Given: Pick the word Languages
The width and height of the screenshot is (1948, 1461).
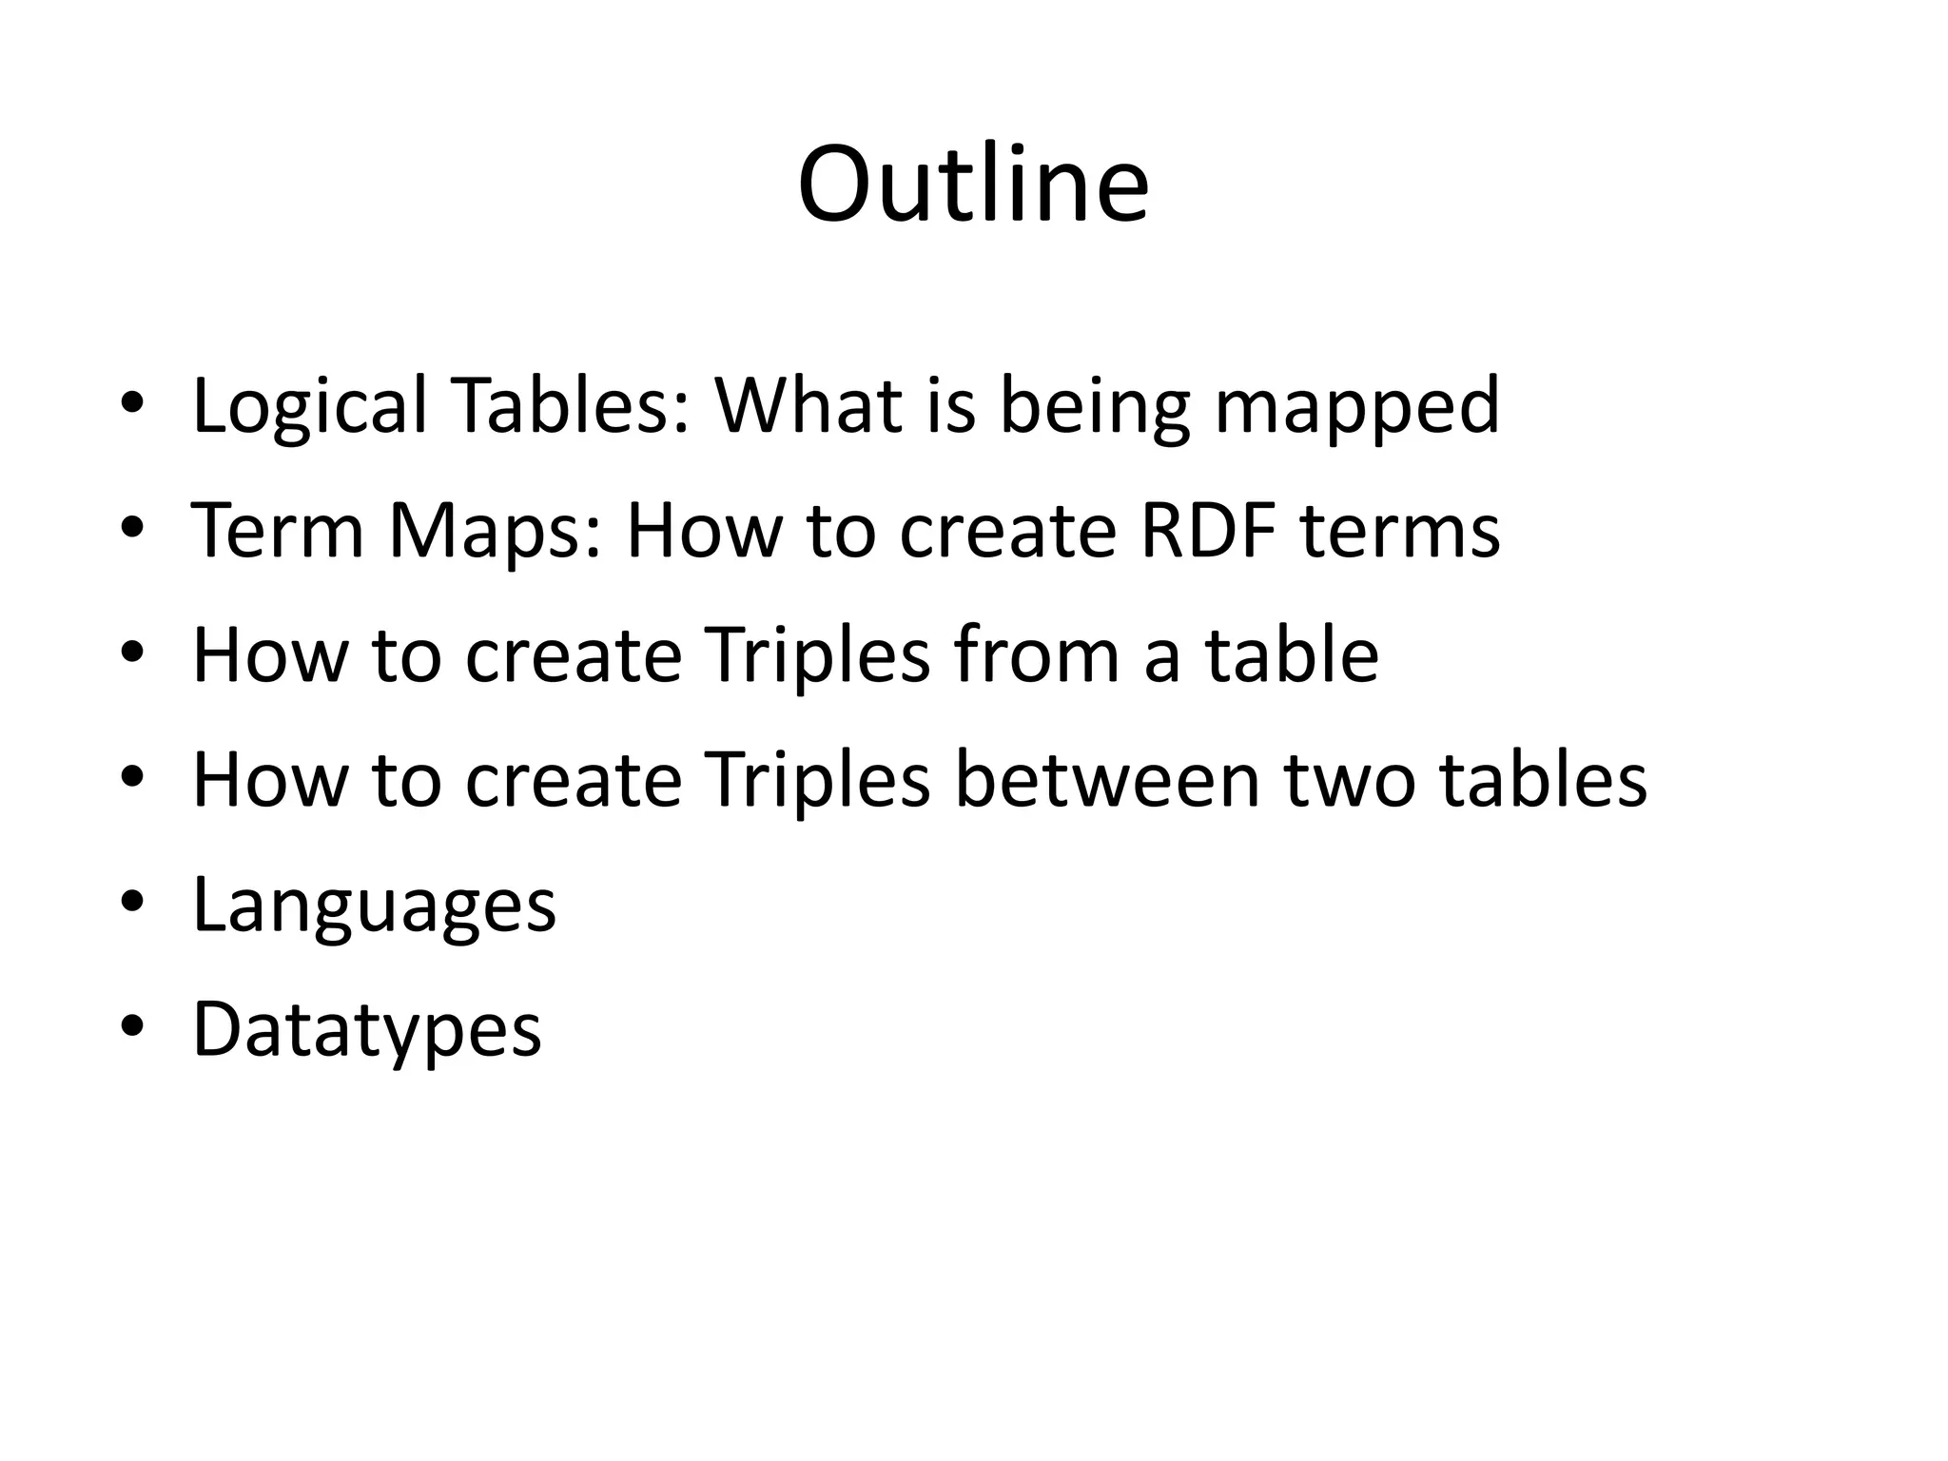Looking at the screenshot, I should (374, 906).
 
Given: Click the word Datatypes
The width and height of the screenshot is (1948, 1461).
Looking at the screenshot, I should (367, 1031).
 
